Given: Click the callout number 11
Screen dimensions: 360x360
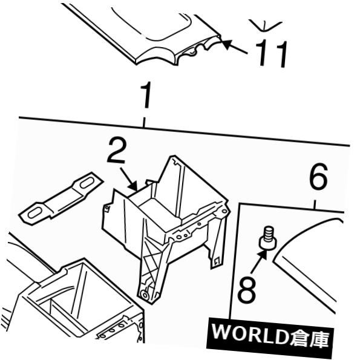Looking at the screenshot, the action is tap(271, 53).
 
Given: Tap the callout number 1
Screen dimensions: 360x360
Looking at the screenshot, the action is tap(146, 95).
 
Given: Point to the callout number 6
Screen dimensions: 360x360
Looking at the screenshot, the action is tap(318, 177).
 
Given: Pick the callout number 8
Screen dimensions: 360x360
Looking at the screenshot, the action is tap(247, 289).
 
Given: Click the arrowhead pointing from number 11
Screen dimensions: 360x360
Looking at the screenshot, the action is tap(227, 44).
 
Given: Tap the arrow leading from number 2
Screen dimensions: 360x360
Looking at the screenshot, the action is tap(129, 179).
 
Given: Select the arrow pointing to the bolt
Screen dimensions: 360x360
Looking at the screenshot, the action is tap(259, 261).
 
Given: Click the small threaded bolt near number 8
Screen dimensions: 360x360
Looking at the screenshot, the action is tap(268, 238).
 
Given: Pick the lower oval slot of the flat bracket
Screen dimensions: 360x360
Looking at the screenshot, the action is tap(35, 213).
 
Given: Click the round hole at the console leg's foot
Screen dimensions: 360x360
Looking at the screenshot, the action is tap(145, 295).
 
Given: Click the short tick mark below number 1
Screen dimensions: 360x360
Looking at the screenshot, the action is tap(144, 122).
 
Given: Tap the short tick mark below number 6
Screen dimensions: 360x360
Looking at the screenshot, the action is tap(315, 205).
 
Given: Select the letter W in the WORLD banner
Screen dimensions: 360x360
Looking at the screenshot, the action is tap(221, 332).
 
